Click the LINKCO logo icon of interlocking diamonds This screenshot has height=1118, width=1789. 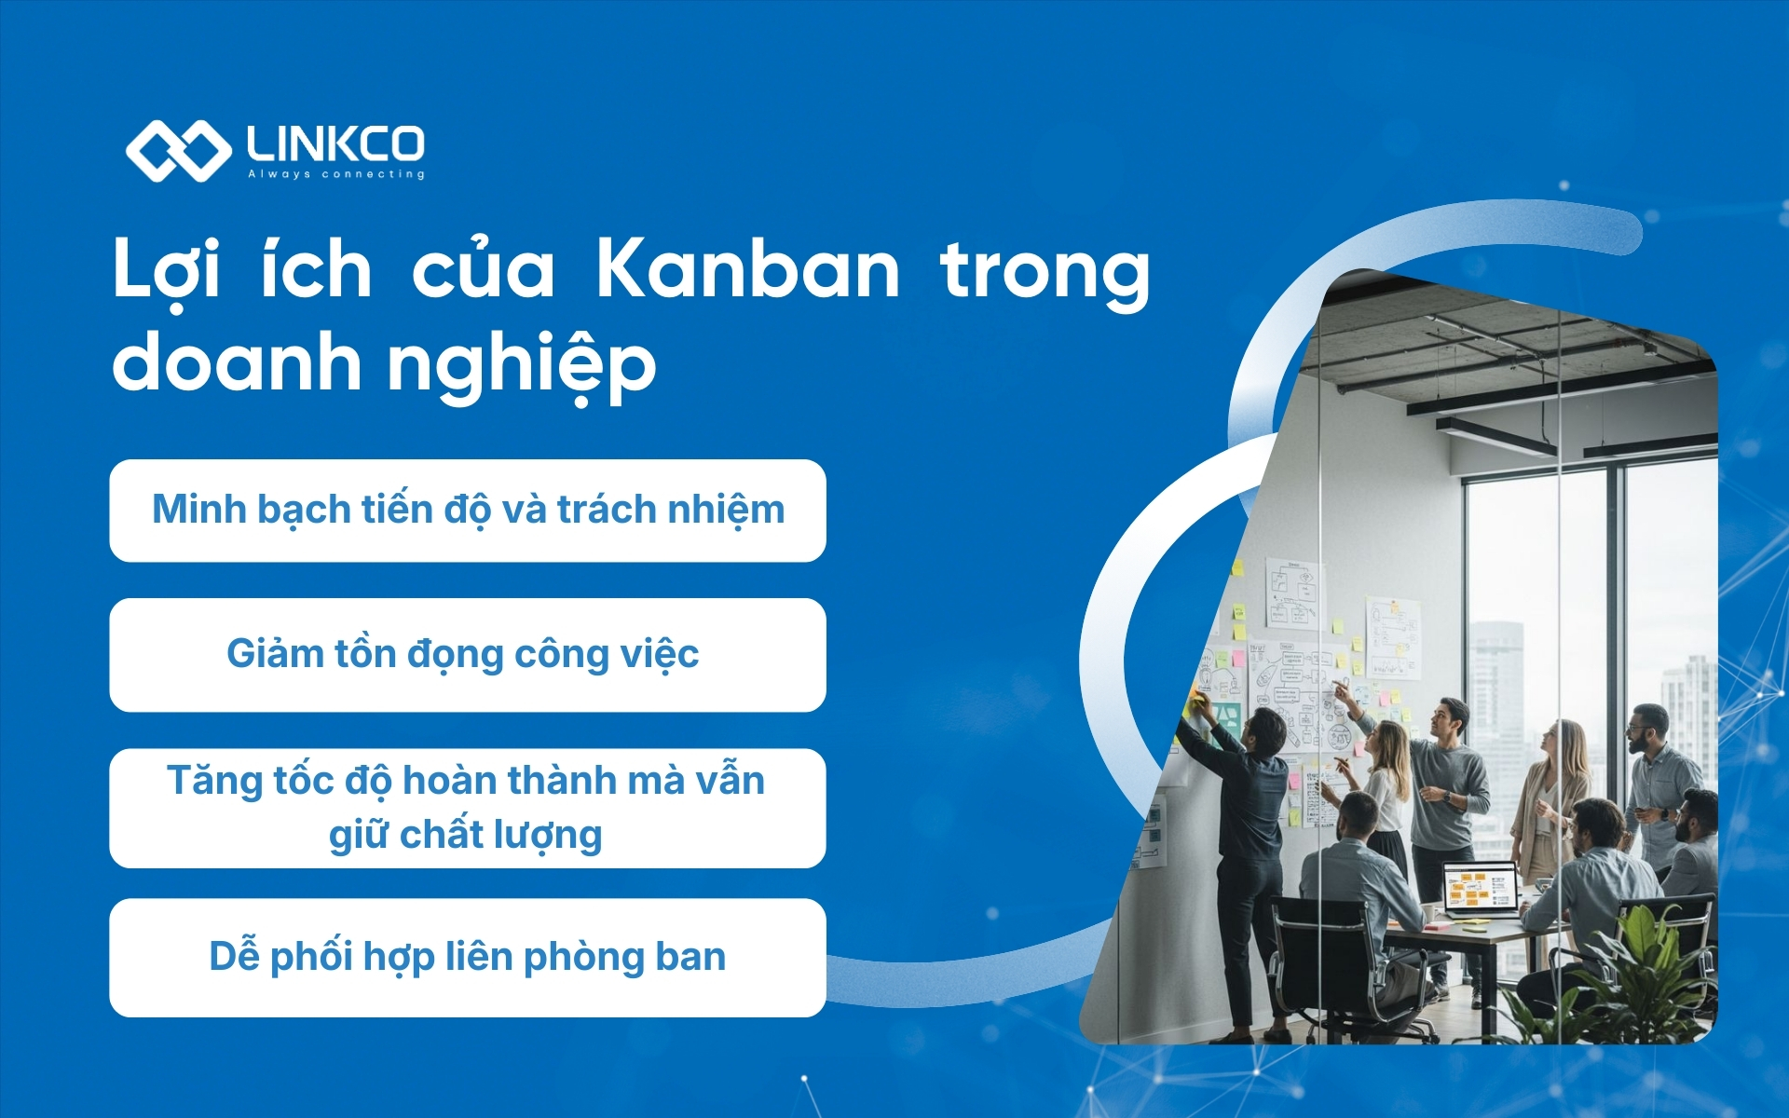177,150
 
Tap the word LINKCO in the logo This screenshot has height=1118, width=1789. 335,143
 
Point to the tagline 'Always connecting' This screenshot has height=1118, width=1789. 335,174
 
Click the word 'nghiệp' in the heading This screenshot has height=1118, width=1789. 522,365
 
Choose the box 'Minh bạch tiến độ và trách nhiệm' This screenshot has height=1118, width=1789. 468,511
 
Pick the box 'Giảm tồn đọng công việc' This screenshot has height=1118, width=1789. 468,655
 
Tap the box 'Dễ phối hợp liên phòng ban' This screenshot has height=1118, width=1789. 468,958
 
